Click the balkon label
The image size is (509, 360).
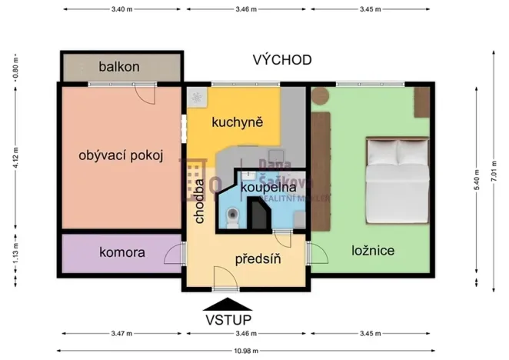[x=119, y=67]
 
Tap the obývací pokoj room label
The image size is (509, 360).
[x=121, y=155]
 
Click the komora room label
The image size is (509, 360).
[x=121, y=252]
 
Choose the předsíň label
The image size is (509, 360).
[x=258, y=259]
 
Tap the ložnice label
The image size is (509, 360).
[x=374, y=251]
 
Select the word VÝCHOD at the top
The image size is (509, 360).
[x=283, y=60]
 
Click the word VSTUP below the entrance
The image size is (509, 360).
[x=229, y=319]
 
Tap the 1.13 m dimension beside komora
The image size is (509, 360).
[x=15, y=253]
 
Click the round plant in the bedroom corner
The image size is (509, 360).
[x=320, y=96]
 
